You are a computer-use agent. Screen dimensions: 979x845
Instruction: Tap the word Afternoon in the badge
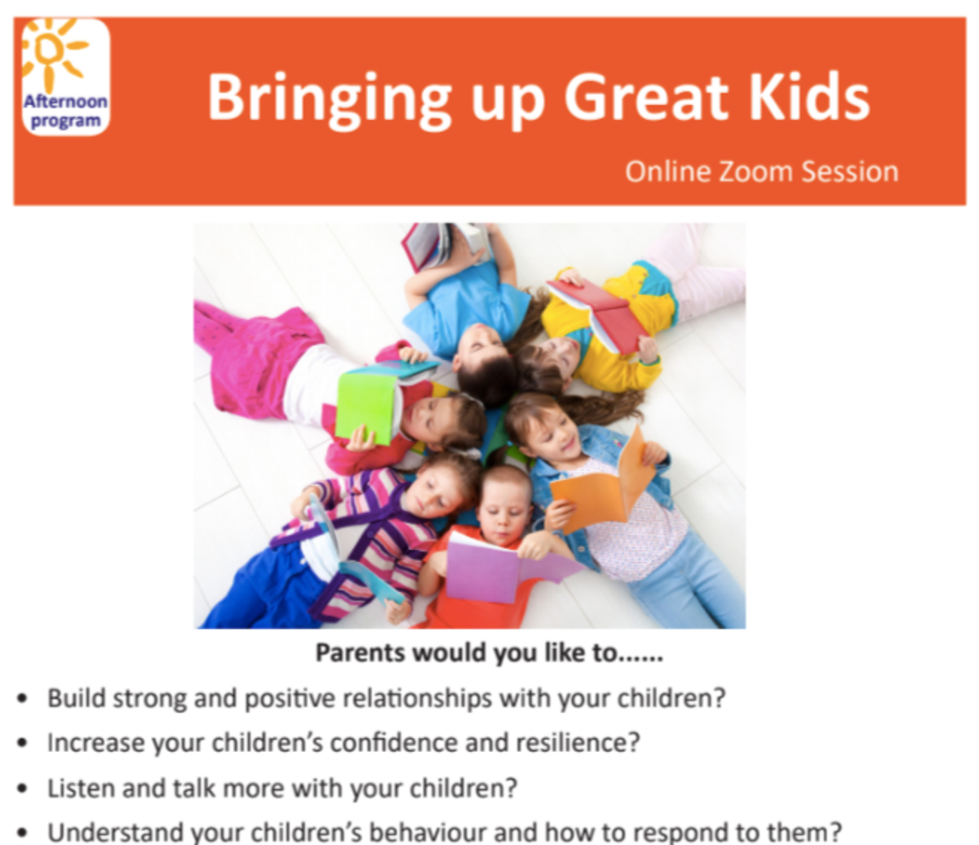point(65,101)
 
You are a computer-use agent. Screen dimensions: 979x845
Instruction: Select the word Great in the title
point(646,98)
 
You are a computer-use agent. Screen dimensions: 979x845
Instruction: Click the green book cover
point(365,408)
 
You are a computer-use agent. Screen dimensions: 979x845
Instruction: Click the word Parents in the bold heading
point(361,653)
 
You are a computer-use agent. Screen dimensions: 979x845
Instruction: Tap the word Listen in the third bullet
point(81,789)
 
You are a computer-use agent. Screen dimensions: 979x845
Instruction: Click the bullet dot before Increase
point(22,744)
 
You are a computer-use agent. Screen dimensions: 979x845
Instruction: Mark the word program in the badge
point(65,122)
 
